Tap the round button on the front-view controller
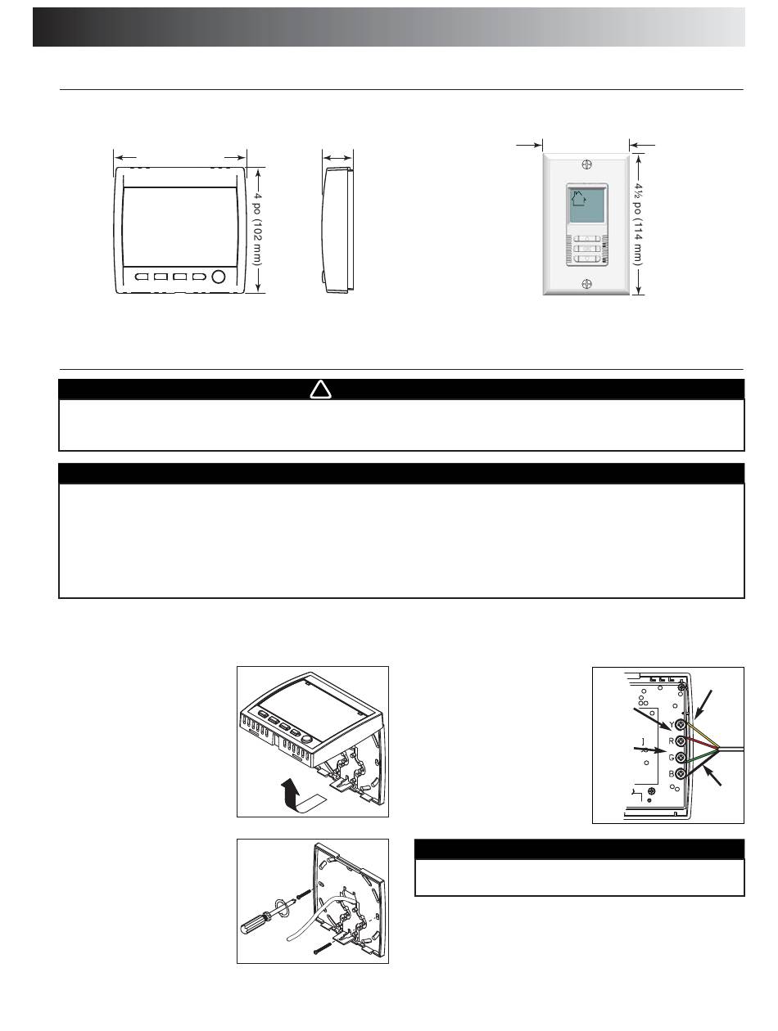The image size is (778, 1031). pos(218,277)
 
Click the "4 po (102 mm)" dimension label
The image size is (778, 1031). pos(257,229)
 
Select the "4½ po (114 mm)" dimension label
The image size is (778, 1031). pos(637,224)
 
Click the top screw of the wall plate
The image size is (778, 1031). pos(586,164)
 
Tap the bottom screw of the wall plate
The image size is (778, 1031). pos(586,283)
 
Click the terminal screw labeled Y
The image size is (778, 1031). pos(681,726)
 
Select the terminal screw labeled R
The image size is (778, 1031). pos(681,741)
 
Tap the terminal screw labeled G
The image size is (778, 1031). pos(681,758)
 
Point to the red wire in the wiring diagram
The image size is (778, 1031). pos(701,744)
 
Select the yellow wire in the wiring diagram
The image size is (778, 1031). pos(701,736)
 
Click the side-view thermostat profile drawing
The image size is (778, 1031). pos(337,230)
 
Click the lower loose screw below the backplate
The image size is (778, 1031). pos(323,949)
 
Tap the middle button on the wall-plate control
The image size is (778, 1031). pos(586,249)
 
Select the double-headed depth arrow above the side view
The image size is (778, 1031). pos(337,158)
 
